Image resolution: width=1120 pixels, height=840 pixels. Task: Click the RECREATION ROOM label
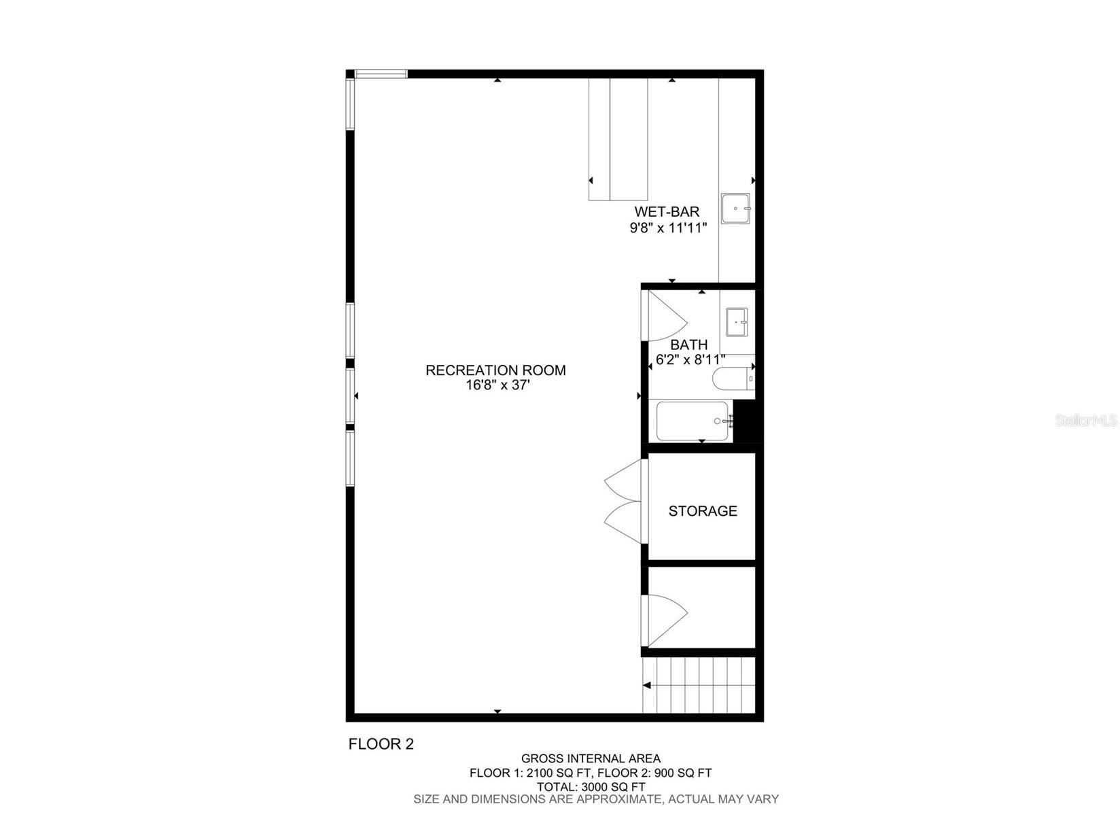[495, 370]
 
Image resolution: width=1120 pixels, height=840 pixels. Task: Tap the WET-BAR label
[667, 212]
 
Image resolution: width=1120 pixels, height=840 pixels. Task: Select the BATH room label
[688, 345]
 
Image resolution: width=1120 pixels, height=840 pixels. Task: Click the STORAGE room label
[703, 511]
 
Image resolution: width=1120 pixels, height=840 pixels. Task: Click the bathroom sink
[737, 321]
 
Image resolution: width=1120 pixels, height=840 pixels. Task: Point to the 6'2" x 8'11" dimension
[688, 359]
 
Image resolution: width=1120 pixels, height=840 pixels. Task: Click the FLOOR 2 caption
[381, 744]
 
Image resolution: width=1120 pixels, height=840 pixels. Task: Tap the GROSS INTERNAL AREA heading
[591, 758]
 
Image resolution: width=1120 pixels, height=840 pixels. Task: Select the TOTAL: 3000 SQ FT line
[591, 786]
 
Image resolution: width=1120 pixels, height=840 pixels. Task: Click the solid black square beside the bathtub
[746, 421]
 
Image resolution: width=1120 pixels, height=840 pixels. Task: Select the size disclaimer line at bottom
[596, 799]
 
